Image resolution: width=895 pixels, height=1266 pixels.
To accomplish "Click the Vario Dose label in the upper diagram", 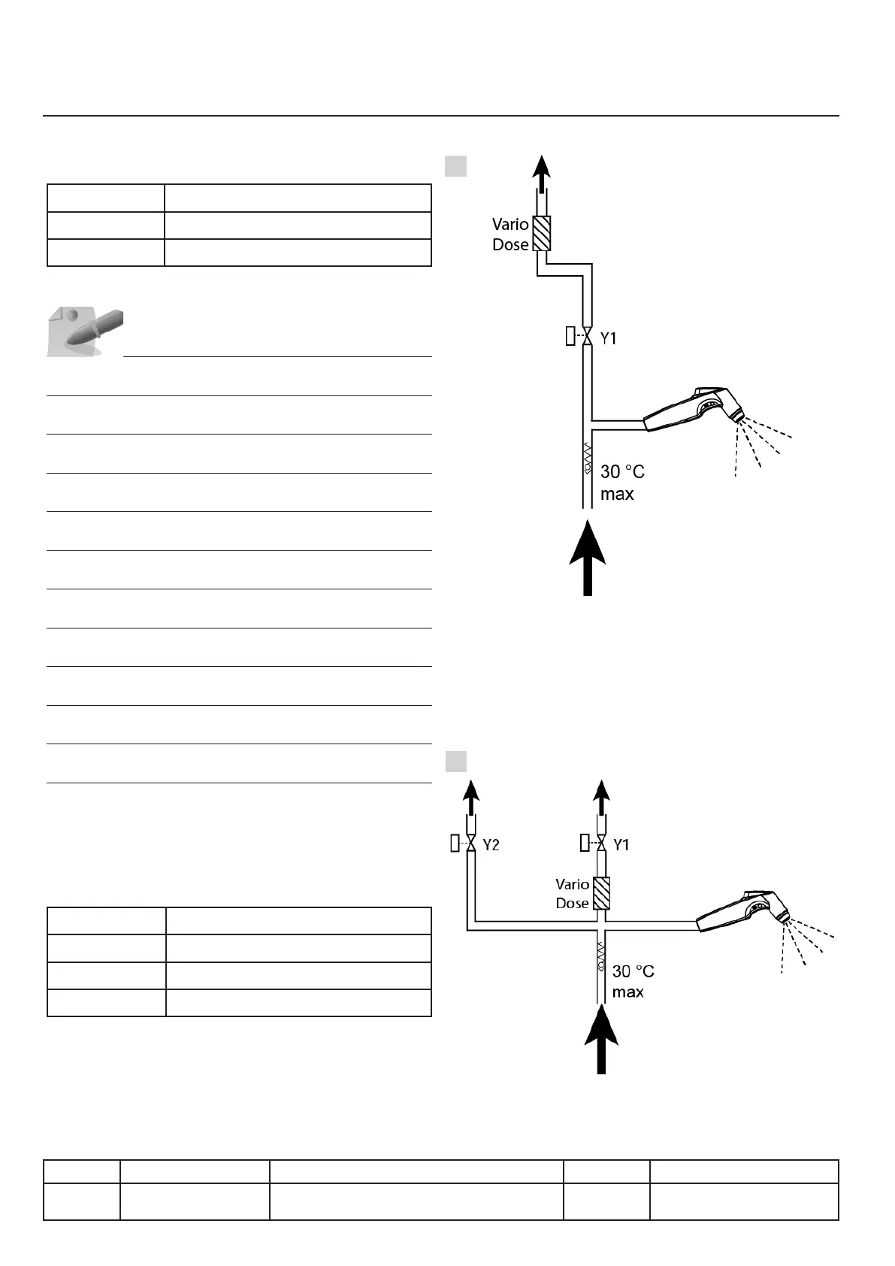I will click(510, 235).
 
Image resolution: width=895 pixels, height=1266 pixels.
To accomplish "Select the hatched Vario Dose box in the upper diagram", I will click(541, 234).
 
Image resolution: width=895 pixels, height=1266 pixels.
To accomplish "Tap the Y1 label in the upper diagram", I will click(608, 339).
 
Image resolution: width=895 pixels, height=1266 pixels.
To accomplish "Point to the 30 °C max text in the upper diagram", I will click(621, 483).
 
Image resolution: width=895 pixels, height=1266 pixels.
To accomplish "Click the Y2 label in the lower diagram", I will click(491, 845).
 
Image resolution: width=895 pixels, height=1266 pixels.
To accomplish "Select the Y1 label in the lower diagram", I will click(621, 845).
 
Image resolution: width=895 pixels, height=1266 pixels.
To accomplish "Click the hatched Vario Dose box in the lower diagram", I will click(601, 893).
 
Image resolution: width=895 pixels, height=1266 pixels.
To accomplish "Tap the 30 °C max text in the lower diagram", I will click(633, 981).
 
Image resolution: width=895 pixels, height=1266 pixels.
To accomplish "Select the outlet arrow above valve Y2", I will click(471, 798).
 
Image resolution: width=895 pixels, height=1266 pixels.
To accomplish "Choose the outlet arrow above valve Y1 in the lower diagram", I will click(601, 798).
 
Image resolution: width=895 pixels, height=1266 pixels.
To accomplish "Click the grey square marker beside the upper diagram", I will click(456, 165).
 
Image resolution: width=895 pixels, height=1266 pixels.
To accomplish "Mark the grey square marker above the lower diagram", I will click(456, 762).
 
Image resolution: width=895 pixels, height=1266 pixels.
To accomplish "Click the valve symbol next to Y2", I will click(471, 844).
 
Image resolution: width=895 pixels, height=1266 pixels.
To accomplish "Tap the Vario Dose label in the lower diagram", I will click(572, 894).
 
